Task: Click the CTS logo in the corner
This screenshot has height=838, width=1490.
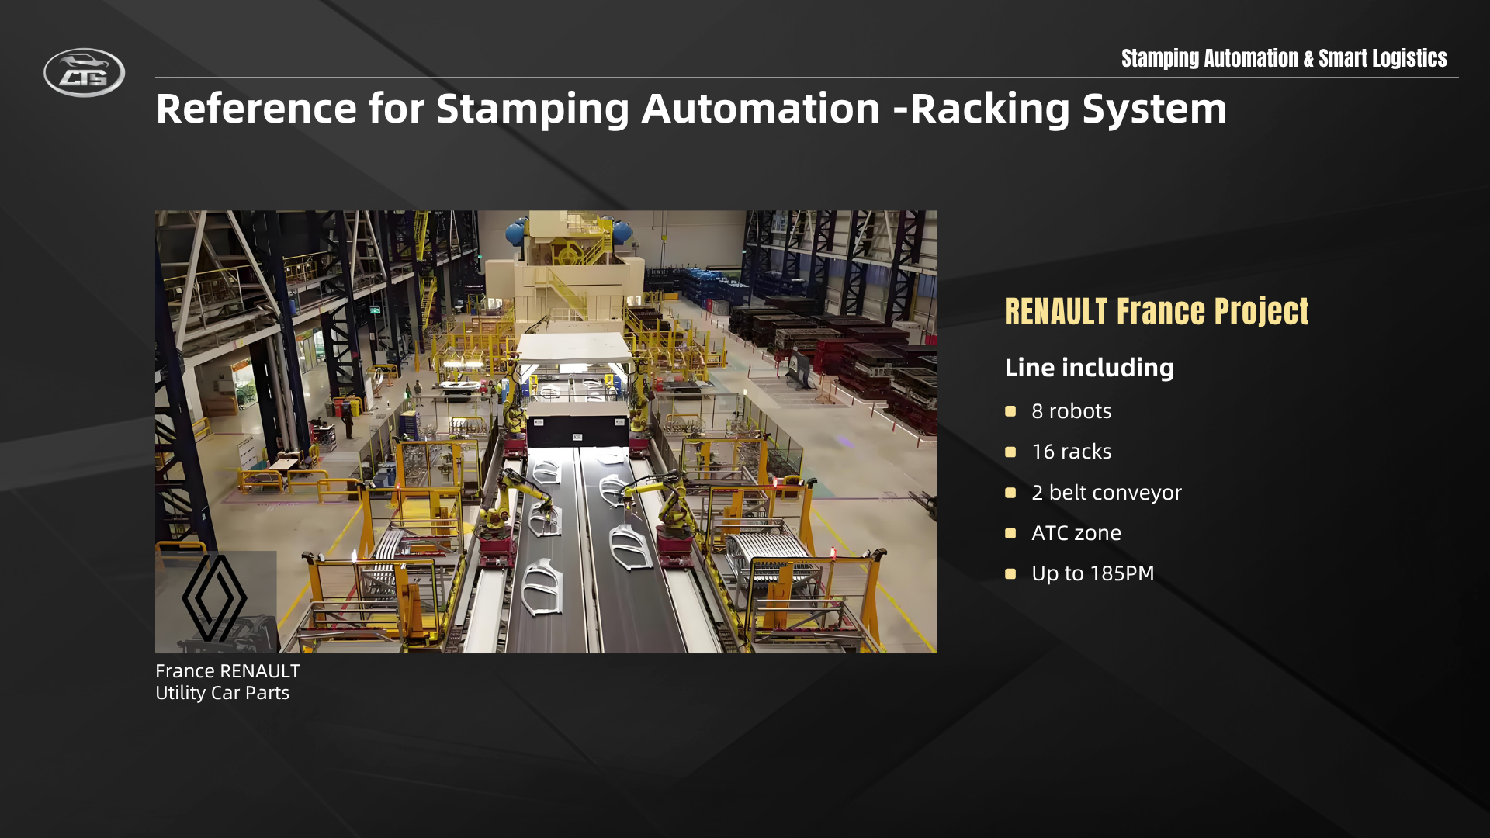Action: pos(84,73)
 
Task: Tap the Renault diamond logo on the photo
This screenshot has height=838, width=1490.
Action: pos(214,597)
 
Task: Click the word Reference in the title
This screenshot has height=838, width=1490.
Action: pos(257,108)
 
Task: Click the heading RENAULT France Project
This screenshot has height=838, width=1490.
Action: pos(1156,312)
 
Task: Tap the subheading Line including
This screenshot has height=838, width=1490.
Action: pos(1089,368)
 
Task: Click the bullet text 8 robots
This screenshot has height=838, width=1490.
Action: pos(1071,411)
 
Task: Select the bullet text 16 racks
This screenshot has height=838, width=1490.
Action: pos(1071,452)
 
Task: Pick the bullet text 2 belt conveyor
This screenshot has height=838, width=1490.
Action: pos(1106,493)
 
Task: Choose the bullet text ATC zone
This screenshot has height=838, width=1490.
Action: pos(1076,533)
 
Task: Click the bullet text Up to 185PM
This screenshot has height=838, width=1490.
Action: pos(1093,573)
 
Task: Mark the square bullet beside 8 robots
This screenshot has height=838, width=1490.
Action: pos(1010,411)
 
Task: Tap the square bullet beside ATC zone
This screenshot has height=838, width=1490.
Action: pos(1010,533)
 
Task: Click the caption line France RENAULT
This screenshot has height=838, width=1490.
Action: pos(227,671)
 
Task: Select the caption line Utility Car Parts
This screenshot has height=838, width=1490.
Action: pos(222,693)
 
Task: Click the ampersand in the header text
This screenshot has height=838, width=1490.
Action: pos(1308,59)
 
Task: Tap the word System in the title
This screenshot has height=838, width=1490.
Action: pos(1155,109)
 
